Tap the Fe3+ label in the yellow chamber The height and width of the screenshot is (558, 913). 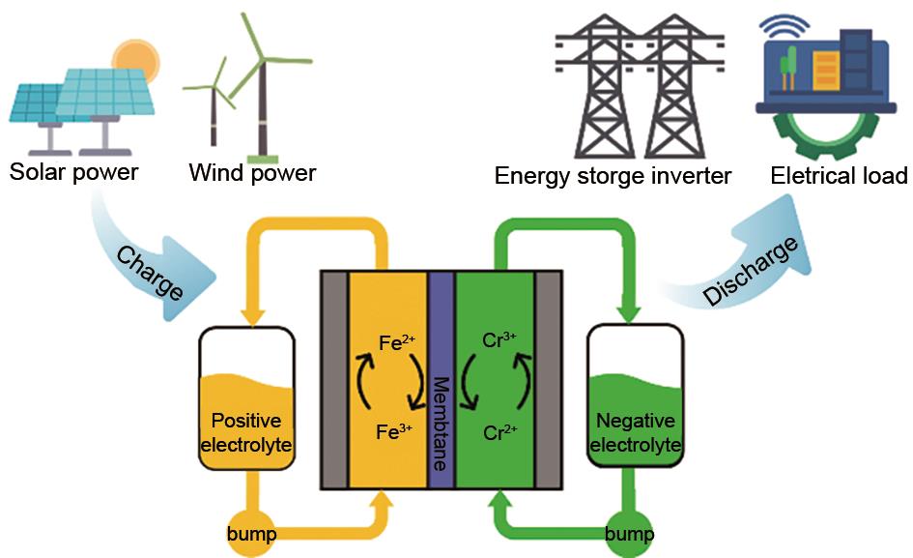pos(394,431)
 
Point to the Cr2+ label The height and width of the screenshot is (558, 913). pos(499,431)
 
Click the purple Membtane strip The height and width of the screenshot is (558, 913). pos(441,380)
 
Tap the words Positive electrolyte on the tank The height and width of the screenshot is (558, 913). pos(245,432)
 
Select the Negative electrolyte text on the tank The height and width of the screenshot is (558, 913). pos(635,433)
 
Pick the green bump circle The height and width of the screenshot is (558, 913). pos(629,534)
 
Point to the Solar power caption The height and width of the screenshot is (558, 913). pos(74,173)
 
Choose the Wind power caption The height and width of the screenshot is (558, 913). pos(252,174)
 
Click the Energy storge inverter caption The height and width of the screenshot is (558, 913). pos(613,176)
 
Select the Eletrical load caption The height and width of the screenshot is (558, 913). pos(839,176)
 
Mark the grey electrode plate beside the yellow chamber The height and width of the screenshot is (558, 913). pos(334,380)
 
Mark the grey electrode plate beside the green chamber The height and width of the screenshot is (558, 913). pos(548,380)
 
